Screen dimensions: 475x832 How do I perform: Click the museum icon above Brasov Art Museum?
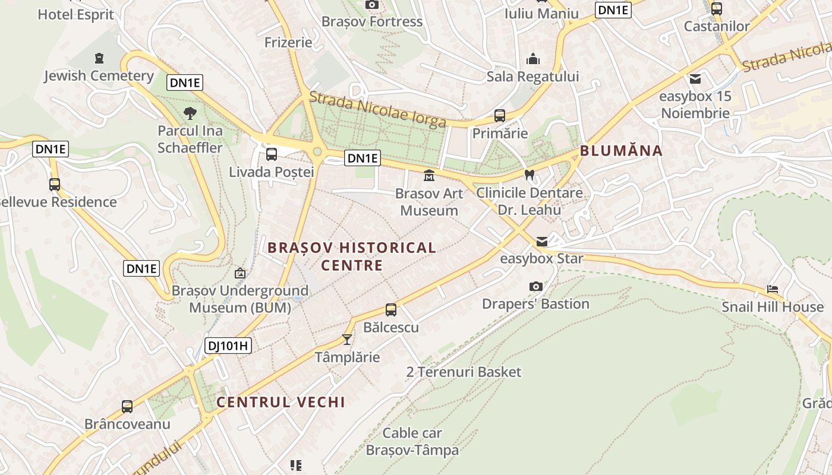tap(428, 176)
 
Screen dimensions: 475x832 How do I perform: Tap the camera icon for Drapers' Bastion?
tap(535, 287)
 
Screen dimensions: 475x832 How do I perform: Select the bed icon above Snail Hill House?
tap(773, 289)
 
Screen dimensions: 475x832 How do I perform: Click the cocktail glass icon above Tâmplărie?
tap(347, 340)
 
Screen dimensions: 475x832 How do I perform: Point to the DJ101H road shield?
tap(229, 346)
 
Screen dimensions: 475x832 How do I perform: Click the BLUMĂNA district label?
tap(621, 150)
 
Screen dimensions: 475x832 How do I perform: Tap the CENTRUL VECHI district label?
tap(281, 402)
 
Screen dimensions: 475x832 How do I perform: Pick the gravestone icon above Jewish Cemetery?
tap(99, 58)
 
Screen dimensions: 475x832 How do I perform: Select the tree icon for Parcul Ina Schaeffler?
tap(190, 113)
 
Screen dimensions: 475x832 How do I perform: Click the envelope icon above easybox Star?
tap(542, 242)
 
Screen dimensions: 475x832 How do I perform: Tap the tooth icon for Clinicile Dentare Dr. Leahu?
tap(530, 175)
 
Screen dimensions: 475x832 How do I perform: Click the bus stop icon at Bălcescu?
tap(390, 309)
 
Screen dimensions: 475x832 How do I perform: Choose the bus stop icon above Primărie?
tap(500, 116)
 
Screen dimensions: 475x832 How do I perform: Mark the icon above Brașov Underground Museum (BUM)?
tap(240, 273)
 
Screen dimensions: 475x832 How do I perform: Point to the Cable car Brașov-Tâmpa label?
tap(412, 441)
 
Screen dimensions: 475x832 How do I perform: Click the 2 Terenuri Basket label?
tap(464, 372)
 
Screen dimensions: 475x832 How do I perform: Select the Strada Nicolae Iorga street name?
tap(377, 110)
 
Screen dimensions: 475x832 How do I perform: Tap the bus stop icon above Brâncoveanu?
tap(127, 407)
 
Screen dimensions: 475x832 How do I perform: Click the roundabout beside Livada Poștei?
tap(317, 151)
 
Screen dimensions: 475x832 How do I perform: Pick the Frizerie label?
tap(288, 42)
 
